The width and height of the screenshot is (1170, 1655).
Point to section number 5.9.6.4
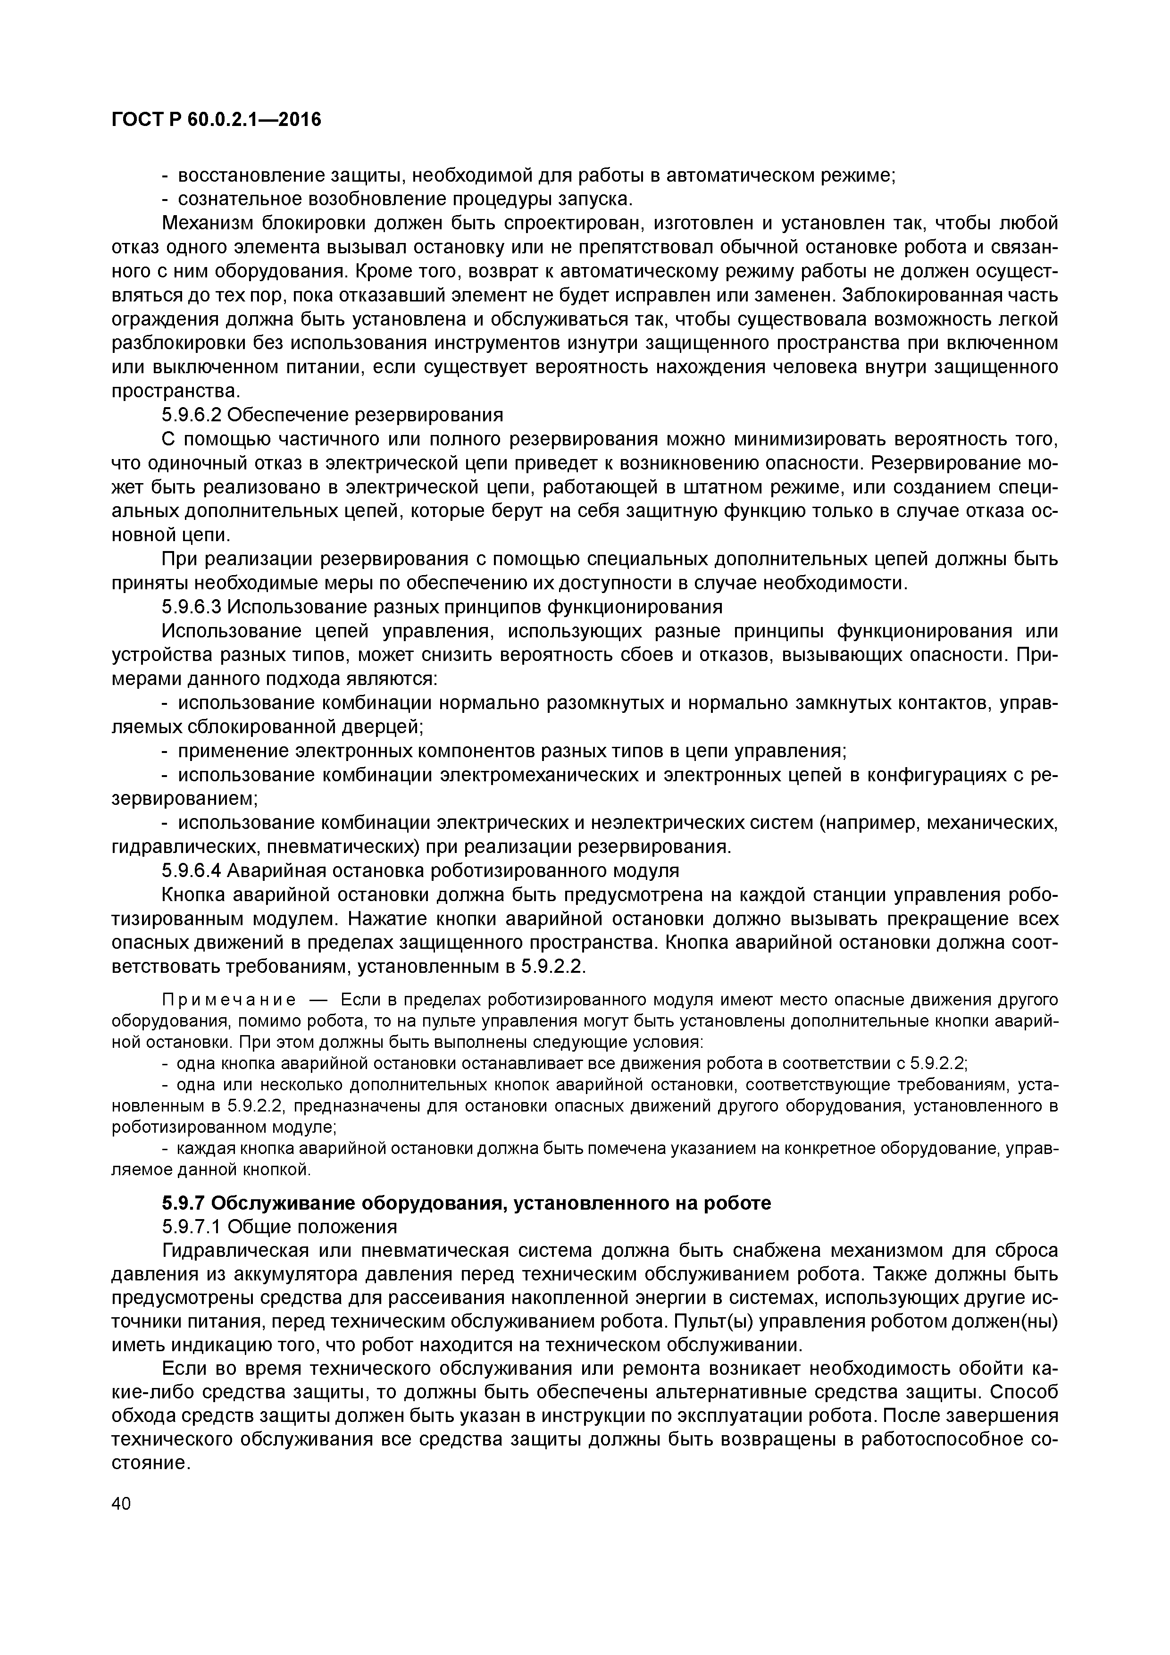[x=192, y=871]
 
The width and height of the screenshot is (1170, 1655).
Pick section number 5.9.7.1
[x=192, y=1227]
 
